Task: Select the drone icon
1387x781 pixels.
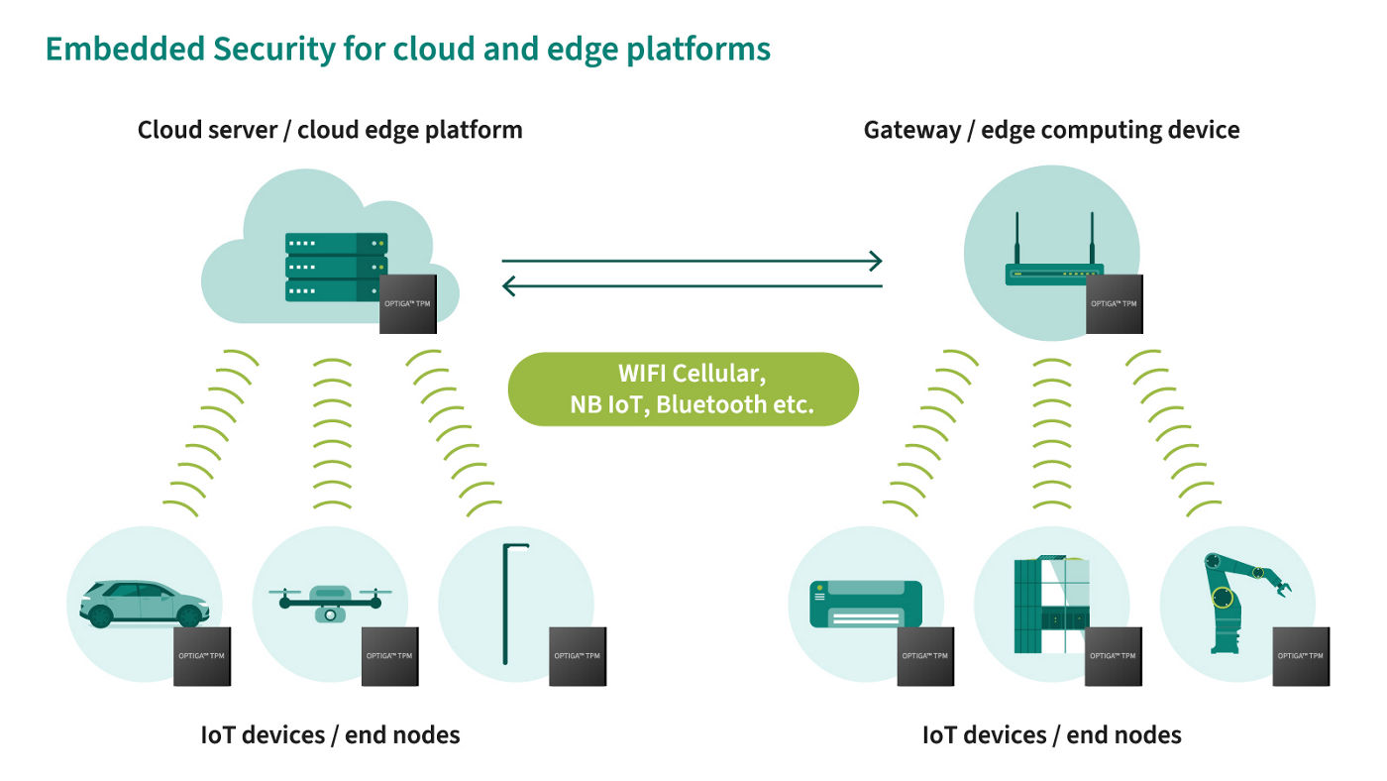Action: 329,601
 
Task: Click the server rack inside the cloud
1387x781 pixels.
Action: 336,267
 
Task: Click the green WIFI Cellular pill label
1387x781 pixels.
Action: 683,390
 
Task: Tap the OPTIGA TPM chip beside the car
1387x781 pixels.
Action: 202,656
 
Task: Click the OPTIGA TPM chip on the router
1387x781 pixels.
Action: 1115,303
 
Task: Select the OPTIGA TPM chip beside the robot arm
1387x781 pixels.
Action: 1301,656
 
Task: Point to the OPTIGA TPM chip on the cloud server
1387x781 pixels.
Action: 409,303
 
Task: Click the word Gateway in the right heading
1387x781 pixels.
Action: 908,130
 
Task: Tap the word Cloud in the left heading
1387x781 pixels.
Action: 167,130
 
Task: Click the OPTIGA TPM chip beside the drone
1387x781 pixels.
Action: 390,656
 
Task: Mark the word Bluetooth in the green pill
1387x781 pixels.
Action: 710,404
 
